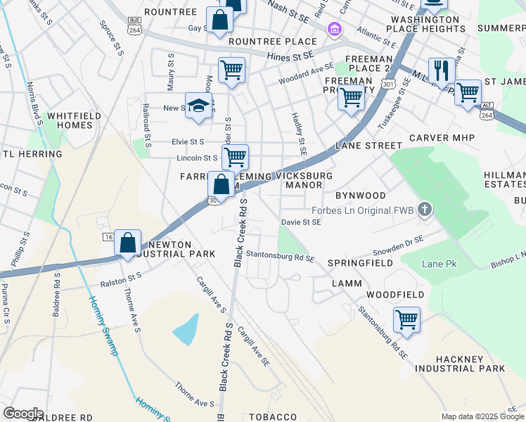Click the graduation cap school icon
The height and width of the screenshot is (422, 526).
tap(199, 105)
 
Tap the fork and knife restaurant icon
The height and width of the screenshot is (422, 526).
tap(442, 71)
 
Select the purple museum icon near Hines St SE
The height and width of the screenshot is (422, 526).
tap(333, 29)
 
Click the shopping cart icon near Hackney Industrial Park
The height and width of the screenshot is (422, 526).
tap(406, 319)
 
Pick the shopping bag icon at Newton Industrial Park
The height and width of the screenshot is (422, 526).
tap(127, 243)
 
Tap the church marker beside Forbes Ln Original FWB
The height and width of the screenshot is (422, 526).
tap(423, 209)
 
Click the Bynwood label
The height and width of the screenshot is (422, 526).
tap(360, 195)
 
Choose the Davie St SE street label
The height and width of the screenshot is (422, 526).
tap(301, 222)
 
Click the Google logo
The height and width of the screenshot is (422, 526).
tap(23, 414)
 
